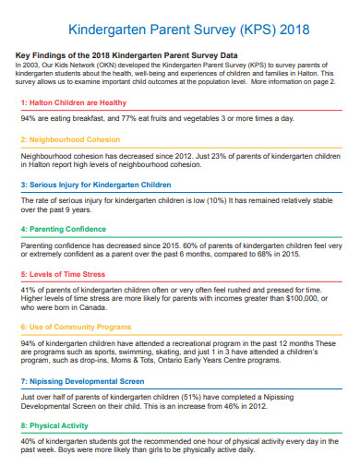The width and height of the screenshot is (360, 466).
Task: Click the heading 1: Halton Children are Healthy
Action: (x=75, y=102)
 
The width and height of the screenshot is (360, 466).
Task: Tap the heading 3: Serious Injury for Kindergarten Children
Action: (x=96, y=184)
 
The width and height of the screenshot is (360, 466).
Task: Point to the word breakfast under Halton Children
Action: (x=90, y=119)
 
